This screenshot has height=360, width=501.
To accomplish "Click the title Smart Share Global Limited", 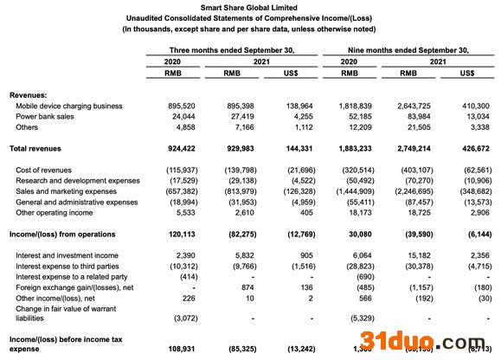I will pos(250,7).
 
